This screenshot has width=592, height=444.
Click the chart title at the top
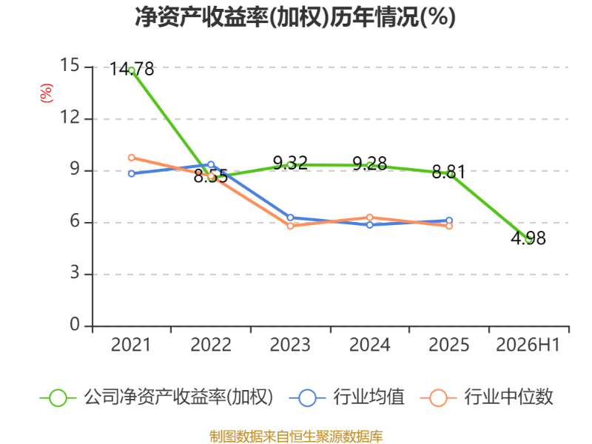295,17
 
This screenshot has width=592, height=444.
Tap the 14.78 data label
132,69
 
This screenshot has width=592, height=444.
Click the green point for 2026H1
529,239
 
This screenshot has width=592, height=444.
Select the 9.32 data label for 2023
290,163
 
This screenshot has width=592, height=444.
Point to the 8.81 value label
449,172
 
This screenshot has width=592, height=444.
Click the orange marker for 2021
132,158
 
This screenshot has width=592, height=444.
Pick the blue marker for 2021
132,174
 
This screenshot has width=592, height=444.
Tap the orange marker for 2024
370,218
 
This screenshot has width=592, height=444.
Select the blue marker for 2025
449,221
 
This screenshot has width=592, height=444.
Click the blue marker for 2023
290,218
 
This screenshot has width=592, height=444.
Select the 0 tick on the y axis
75,324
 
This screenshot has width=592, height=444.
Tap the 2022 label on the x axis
211,345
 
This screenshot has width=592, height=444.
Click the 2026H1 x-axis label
528,345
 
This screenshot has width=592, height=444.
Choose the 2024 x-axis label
369,345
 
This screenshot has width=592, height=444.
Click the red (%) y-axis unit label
47,93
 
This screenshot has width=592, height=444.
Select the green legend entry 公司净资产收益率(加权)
156,397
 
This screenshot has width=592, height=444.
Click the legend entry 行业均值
346,397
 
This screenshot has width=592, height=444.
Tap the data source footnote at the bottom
296,437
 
